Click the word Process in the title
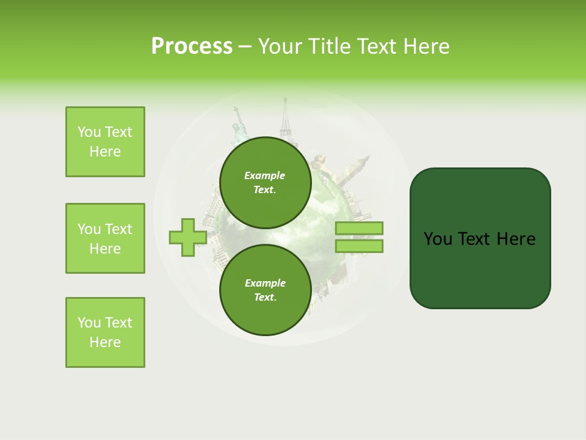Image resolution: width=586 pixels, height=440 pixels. [x=192, y=46]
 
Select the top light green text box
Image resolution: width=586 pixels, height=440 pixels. [x=105, y=142]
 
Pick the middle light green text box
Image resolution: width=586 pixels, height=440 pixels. [x=105, y=238]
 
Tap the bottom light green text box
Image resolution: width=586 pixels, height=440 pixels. [x=105, y=332]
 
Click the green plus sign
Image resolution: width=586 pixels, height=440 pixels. [x=187, y=237]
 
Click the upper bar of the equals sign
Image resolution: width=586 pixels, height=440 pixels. [x=359, y=228]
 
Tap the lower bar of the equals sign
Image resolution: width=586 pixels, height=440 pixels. [x=359, y=246]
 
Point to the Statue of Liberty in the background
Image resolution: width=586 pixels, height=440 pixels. [x=239, y=125]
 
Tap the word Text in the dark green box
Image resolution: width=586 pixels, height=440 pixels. [x=476, y=239]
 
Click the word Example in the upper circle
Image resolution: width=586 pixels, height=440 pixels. [x=265, y=175]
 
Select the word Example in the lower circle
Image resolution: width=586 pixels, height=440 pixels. [x=265, y=283]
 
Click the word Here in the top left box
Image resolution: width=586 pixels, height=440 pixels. [x=105, y=152]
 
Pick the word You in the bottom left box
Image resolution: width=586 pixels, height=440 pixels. [x=89, y=323]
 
